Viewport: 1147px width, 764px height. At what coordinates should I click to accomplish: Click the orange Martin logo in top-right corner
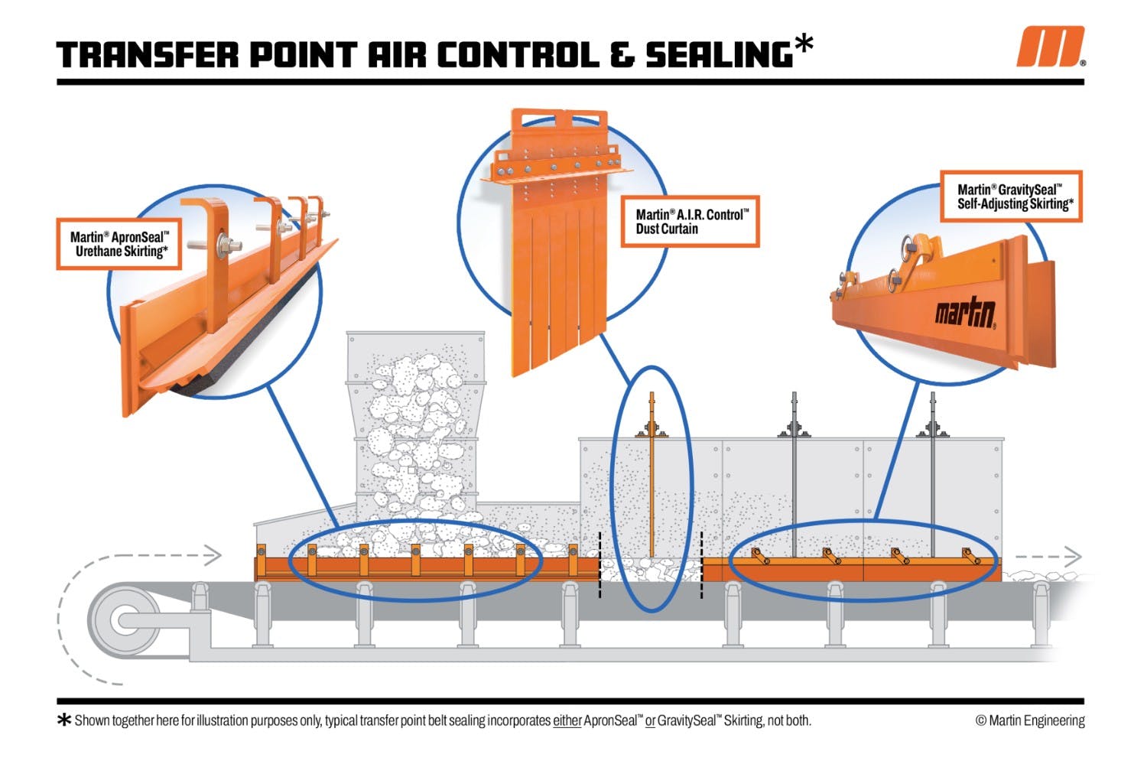1049,47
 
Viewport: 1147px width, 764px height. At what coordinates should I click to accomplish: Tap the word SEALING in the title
718,55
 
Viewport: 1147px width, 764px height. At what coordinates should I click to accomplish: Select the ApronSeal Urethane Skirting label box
119,245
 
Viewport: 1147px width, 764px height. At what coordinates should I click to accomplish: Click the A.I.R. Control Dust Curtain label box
690,222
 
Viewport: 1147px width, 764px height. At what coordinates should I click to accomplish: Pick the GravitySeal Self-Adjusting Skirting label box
1010,197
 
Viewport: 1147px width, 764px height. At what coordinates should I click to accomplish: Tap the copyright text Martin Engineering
1029,720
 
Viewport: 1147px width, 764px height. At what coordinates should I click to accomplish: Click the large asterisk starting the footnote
64,720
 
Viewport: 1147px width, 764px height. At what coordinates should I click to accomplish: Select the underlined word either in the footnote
567,720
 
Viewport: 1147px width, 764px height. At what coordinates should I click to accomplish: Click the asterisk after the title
803,44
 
